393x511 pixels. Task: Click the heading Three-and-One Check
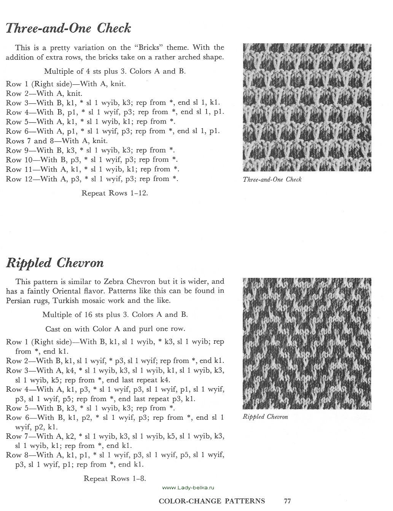pyautogui.click(x=68, y=29)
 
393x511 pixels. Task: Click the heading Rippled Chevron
pyautogui.click(x=55, y=263)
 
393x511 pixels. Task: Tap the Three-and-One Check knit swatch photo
pyautogui.click(x=307, y=108)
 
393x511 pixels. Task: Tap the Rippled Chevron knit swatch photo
pyautogui.click(x=307, y=344)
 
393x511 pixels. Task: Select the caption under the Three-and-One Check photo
pyautogui.click(x=272, y=179)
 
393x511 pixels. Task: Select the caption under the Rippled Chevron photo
pyautogui.click(x=265, y=417)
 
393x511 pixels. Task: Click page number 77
pyautogui.click(x=287, y=501)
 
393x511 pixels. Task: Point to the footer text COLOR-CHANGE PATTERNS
pyautogui.click(x=212, y=501)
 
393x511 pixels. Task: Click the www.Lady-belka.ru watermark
pyautogui.click(x=189, y=487)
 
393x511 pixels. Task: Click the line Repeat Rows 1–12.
pyautogui.click(x=115, y=193)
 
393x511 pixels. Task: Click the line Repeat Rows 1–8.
pyautogui.click(x=115, y=478)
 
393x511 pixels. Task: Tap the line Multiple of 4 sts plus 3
pyautogui.click(x=115, y=71)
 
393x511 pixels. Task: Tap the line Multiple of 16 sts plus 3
pyautogui.click(x=115, y=315)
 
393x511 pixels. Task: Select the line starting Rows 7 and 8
pyautogui.click(x=57, y=141)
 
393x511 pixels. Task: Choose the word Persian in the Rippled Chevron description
pyautogui.click(x=19, y=300)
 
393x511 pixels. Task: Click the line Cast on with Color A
pyautogui.click(x=115, y=328)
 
